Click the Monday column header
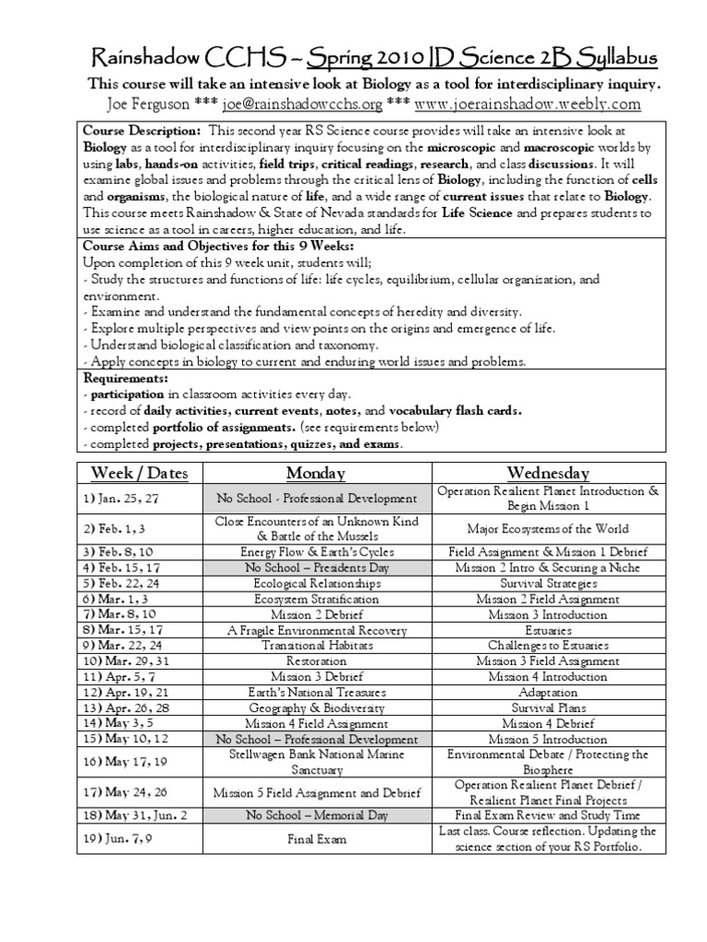click(316, 473)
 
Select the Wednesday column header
click(549, 473)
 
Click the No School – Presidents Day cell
click(316, 568)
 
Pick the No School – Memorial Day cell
click(316, 815)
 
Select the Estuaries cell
click(549, 630)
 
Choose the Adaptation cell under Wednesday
click(549, 693)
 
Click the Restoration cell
click(316, 661)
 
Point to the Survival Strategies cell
click(549, 583)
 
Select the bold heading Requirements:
click(126, 378)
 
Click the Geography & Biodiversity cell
click(316, 708)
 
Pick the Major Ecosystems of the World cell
click(549, 528)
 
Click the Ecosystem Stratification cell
click(316, 599)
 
